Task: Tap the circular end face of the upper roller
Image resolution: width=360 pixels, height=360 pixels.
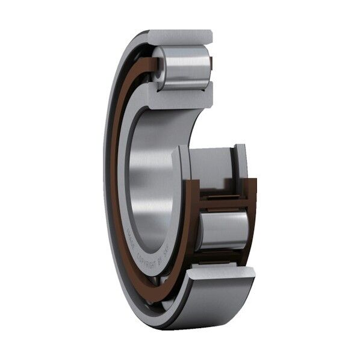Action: point(160,67)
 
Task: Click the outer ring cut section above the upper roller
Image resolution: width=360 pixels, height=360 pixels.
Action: point(181,37)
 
